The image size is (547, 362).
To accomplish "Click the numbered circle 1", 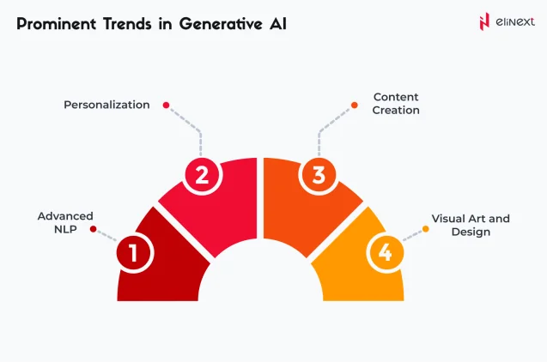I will click(x=135, y=253).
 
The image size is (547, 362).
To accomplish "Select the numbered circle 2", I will click(x=203, y=176).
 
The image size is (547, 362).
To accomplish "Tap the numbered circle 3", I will click(x=319, y=176).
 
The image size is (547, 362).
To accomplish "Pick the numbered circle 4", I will click(x=386, y=253).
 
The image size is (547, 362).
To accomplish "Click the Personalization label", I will click(x=107, y=105).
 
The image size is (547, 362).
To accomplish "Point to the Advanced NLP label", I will click(x=65, y=223).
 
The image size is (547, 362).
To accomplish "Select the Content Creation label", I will click(x=396, y=104).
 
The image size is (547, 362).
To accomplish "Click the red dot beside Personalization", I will click(x=166, y=106).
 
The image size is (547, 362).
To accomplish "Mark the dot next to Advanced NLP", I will click(x=94, y=229).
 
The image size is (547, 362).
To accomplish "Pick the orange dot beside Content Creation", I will click(x=355, y=106).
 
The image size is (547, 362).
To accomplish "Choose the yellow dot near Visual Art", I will click(x=426, y=229).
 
